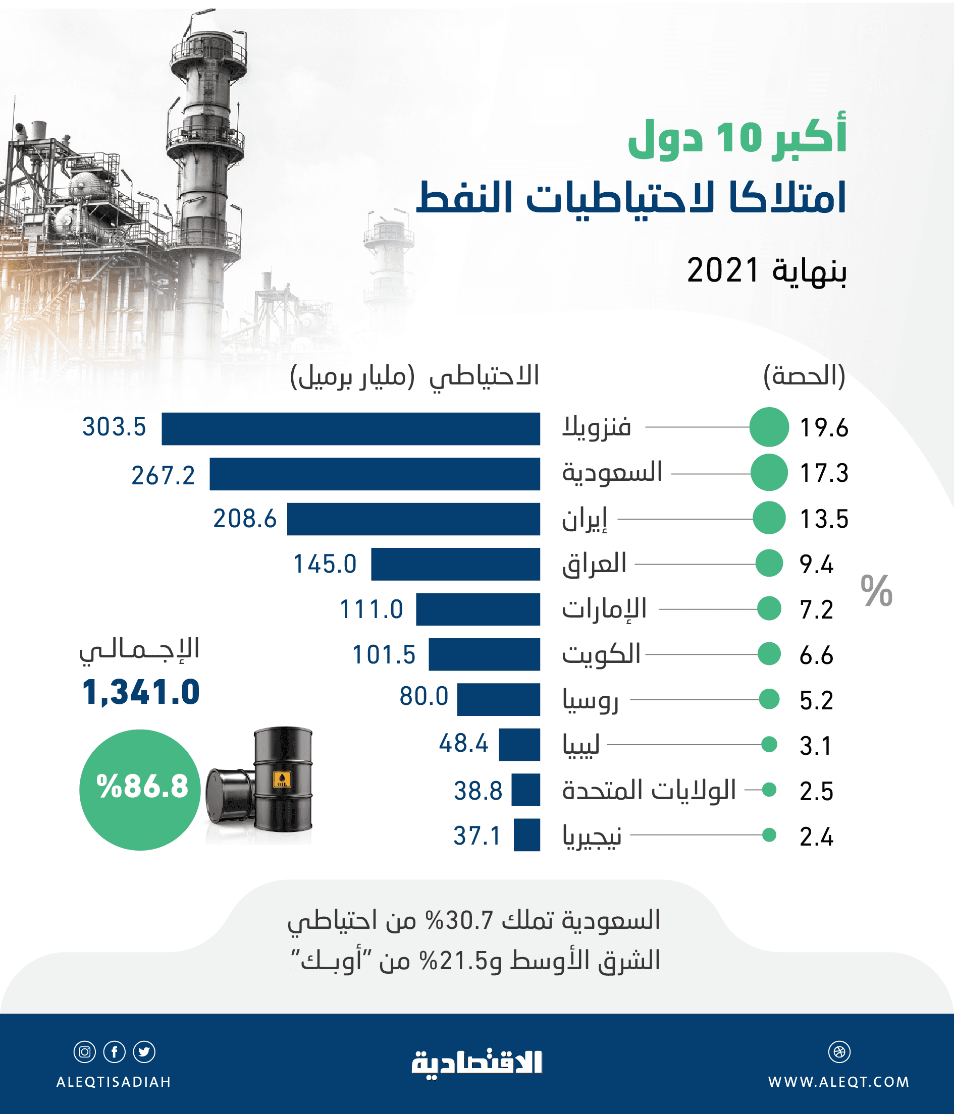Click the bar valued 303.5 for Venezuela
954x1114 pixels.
[x=351, y=428]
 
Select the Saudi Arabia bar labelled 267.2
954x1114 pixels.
[x=375, y=474]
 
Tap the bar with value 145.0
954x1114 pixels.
[x=455, y=564]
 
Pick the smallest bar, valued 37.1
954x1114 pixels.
[x=526, y=835]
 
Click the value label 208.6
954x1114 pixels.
[x=245, y=519]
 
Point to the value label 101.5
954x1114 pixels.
[x=384, y=655]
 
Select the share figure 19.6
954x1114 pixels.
[x=823, y=428]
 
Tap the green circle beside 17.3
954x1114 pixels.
[x=769, y=473]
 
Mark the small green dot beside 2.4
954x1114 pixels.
[x=769, y=835]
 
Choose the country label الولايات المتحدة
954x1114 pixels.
[x=649, y=790]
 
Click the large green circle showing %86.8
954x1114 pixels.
[x=140, y=789]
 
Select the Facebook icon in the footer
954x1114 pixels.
[x=115, y=1052]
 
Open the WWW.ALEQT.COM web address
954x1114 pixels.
[x=838, y=1082]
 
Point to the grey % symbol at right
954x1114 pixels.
[x=876, y=591]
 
